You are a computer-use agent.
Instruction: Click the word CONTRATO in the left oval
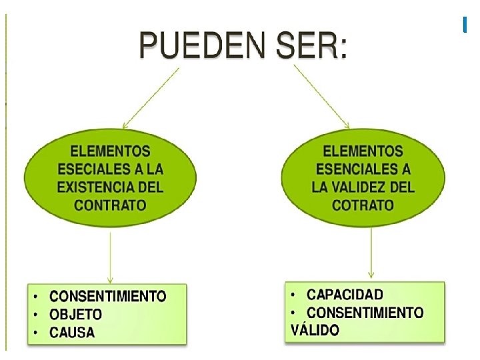coord(111,204)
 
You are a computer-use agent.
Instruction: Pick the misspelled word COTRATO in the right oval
coord(363,204)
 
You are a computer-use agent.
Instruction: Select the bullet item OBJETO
coord(76,314)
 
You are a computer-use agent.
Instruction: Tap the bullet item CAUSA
coord(73,332)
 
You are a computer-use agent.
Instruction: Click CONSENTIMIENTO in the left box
coord(108,296)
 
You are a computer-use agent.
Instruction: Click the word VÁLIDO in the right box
coord(315,329)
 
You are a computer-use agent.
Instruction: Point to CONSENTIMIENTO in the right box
coord(365,312)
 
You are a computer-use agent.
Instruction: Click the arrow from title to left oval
coord(149,99)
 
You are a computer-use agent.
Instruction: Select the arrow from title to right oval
coord(321,97)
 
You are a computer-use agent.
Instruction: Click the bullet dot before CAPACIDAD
coord(294,294)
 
